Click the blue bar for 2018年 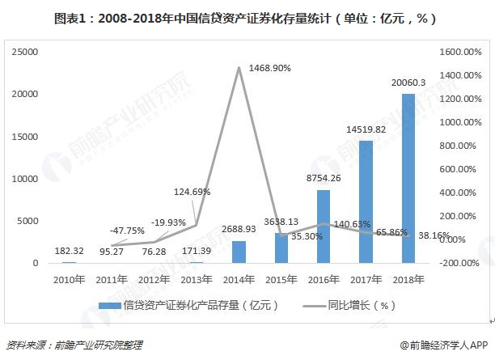click(x=408, y=178)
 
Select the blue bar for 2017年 click(x=366, y=201)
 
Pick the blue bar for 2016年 click(x=324, y=227)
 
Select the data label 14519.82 click(x=366, y=129)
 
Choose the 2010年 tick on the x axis click(x=69, y=279)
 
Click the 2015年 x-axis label click(x=281, y=279)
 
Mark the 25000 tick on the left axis click(x=27, y=52)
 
